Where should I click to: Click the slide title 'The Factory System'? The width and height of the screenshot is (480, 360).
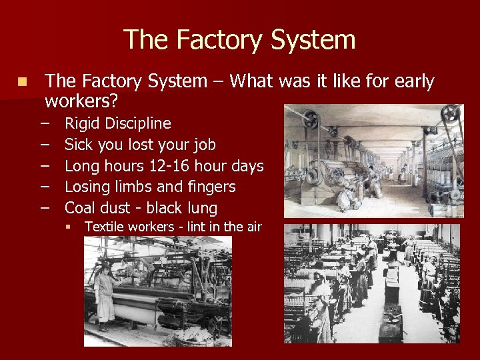coord(239,39)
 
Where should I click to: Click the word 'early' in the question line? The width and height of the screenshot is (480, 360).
coord(415,82)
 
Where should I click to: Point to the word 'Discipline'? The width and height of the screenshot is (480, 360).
coord(139,124)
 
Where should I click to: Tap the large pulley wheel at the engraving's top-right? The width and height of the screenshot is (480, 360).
coord(451,113)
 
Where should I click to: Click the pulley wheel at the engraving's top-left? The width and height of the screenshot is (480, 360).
coord(310,121)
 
